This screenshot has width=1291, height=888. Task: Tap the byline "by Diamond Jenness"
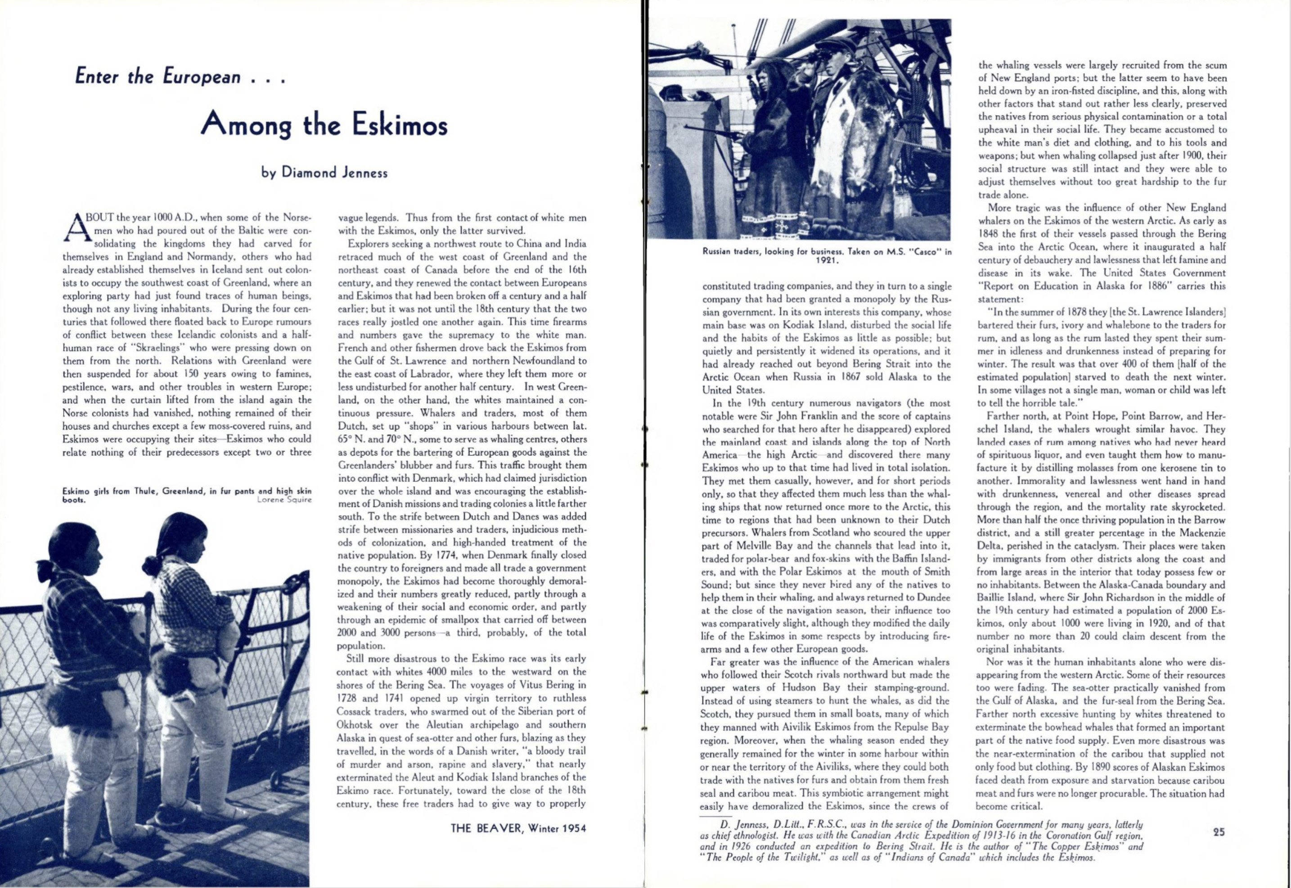(324, 173)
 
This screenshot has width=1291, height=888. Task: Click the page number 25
(1218, 832)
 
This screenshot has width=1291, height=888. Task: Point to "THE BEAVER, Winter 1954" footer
(518, 829)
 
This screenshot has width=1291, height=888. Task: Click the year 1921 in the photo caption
(827, 260)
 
